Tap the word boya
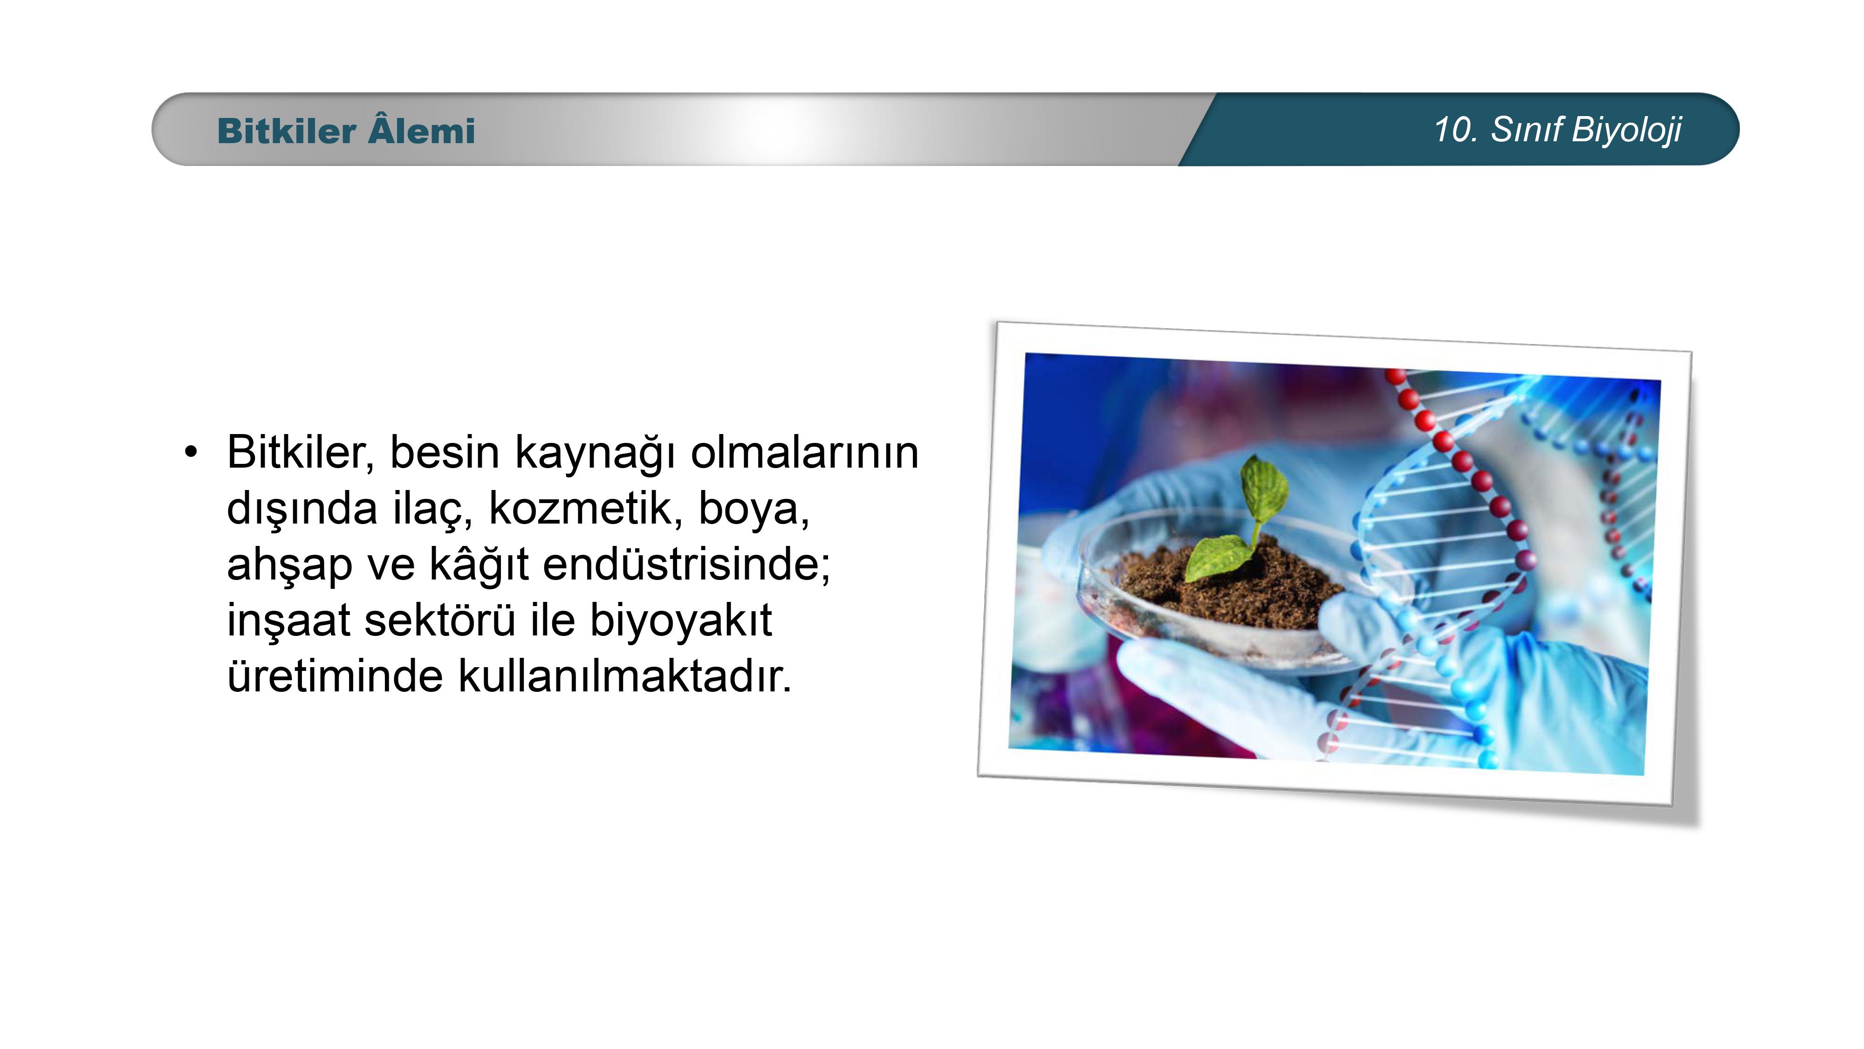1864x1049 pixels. (753, 510)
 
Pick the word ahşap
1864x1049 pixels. (289, 566)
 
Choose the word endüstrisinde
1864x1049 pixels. (687, 565)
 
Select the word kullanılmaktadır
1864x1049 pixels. (625, 676)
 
